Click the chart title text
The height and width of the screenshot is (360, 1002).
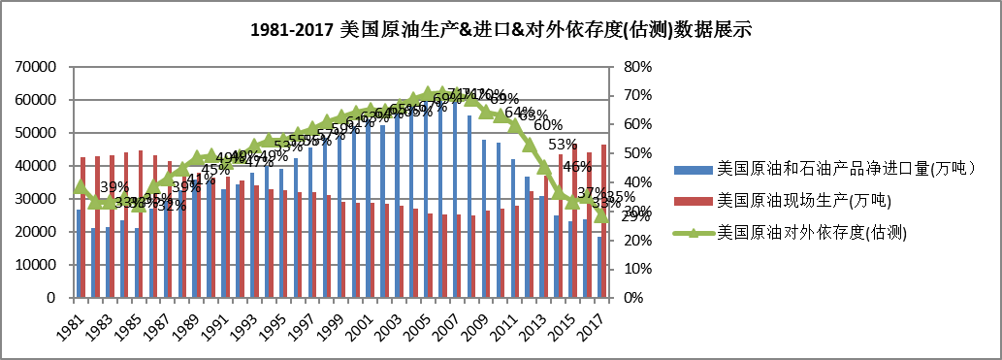click(501, 30)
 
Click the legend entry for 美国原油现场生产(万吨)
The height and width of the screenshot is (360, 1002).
click(802, 201)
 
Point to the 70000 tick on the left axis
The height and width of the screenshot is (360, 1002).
click(36, 67)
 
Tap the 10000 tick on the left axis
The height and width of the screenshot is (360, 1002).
click(36, 265)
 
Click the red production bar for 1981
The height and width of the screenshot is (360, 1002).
click(83, 227)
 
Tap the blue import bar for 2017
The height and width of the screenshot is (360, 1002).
click(598, 267)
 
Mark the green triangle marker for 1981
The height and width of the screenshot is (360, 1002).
click(81, 186)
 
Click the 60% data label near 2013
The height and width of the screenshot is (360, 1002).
click(548, 125)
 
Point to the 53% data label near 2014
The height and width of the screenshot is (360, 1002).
click(563, 146)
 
